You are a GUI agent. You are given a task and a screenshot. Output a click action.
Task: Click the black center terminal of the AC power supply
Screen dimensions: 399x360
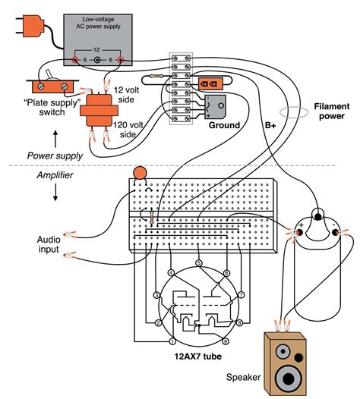96,59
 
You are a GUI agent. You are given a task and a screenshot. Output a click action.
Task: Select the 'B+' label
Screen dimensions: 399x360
271,125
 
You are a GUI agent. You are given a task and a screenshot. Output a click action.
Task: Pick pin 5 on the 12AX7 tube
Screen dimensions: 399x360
198,263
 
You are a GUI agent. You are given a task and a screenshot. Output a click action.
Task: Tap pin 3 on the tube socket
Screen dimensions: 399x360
156,294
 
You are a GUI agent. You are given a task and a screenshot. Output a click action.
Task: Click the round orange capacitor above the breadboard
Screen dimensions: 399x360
140,174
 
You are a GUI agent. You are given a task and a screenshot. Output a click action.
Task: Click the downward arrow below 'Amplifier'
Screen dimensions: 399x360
54,196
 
